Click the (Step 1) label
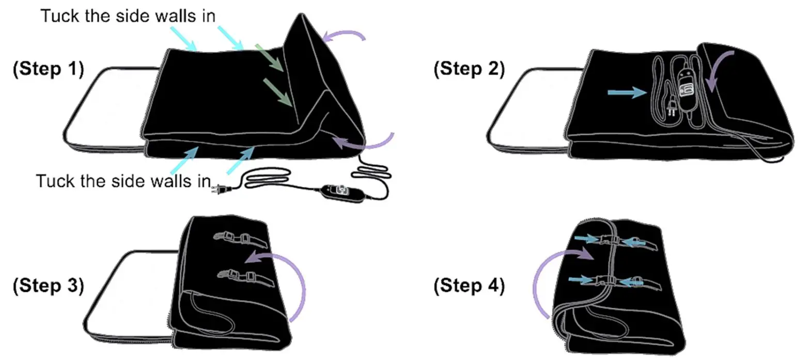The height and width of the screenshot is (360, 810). click(48, 69)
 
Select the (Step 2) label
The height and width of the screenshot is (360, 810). click(469, 69)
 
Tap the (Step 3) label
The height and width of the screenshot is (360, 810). click(48, 286)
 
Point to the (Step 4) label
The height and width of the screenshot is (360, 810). click(469, 286)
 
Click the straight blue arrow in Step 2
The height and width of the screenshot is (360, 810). click(627, 92)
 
